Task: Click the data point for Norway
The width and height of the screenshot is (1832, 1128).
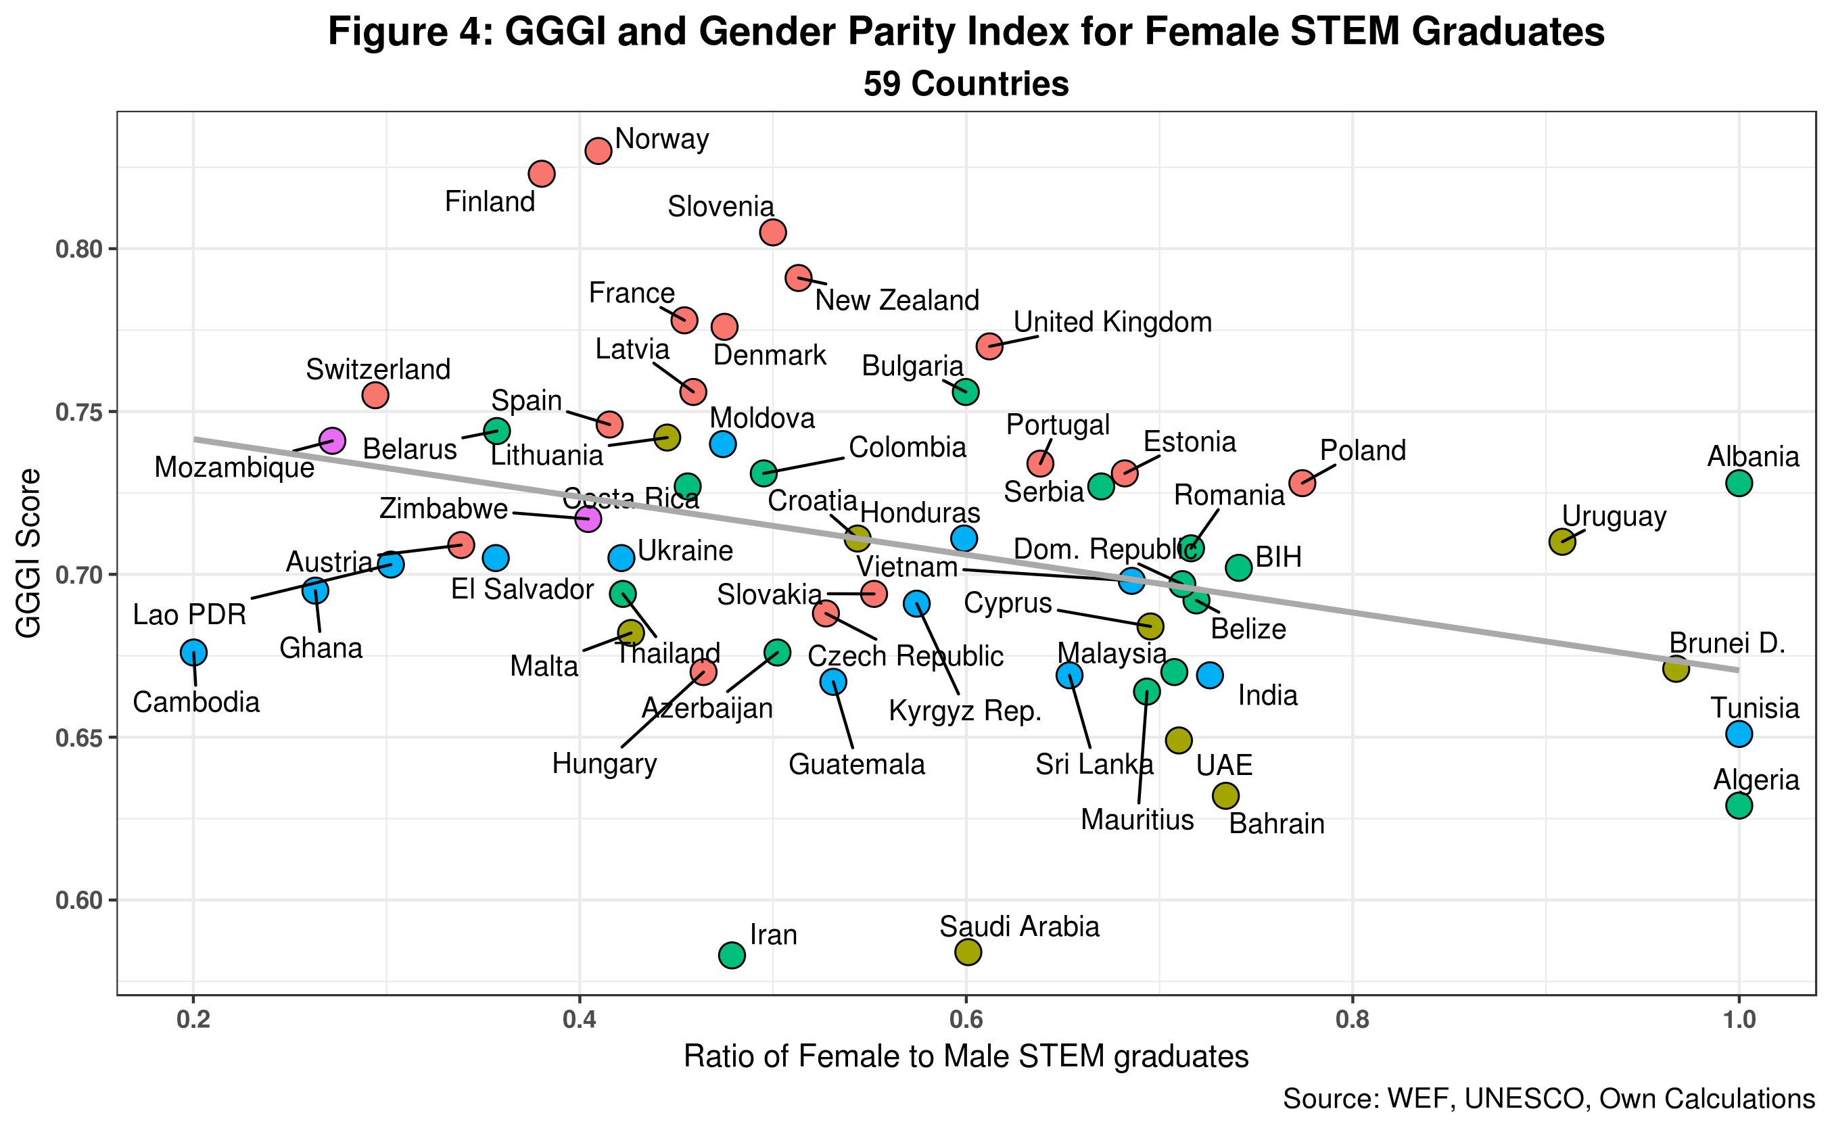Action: tap(598, 151)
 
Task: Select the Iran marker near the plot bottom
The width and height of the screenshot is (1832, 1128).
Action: tap(732, 955)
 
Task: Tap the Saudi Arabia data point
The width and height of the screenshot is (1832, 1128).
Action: tap(968, 952)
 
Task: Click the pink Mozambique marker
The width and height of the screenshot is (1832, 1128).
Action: tap(332, 440)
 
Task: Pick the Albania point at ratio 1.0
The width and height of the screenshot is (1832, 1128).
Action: tap(1739, 484)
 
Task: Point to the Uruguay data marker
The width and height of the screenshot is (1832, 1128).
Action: tap(1562, 542)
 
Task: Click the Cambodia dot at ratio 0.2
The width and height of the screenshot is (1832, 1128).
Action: tap(193, 653)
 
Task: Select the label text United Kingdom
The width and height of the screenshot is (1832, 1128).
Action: tap(1112, 323)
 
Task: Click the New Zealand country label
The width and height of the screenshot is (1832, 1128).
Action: tap(897, 301)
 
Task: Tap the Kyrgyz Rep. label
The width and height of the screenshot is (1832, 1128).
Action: tap(964, 711)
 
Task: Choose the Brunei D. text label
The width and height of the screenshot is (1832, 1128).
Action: tap(1727, 643)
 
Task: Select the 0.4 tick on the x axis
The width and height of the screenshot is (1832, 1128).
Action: tap(580, 1020)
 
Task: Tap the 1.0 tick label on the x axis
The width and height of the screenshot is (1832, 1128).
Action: tap(1739, 1020)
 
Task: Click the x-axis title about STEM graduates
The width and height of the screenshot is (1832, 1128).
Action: tap(966, 1057)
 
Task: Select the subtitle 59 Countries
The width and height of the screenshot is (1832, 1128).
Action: tap(966, 84)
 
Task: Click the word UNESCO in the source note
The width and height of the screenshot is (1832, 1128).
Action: tap(1528, 1099)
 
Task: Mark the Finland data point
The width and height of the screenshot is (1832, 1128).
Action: tap(542, 174)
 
